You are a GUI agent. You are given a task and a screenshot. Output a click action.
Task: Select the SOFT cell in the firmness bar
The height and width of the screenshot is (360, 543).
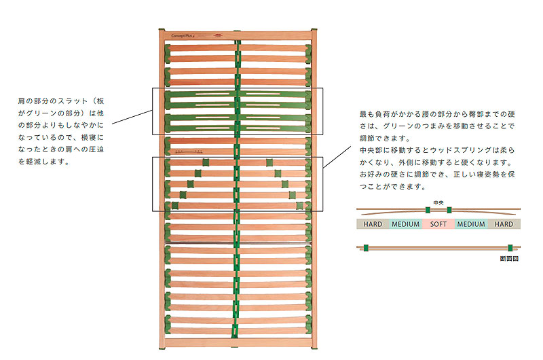click(x=438, y=223)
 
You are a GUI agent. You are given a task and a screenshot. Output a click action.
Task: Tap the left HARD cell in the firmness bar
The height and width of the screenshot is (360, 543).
click(x=373, y=223)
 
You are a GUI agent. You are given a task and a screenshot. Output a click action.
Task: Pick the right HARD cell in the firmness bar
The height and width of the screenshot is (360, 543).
click(x=504, y=223)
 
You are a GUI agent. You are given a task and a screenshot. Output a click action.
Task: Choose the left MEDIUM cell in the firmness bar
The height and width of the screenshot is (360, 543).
click(x=405, y=223)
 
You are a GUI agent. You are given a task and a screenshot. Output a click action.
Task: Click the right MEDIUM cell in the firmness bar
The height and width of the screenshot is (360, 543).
click(x=471, y=223)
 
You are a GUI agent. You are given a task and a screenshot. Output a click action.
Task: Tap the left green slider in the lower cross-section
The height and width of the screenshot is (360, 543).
click(x=365, y=248)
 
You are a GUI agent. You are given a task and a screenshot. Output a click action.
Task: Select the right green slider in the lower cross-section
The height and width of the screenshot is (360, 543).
click(x=510, y=248)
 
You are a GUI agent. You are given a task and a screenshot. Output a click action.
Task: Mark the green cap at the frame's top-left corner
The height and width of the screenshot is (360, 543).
click(x=160, y=31)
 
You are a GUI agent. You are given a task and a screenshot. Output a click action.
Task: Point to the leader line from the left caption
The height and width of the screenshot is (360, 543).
click(x=131, y=117)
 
